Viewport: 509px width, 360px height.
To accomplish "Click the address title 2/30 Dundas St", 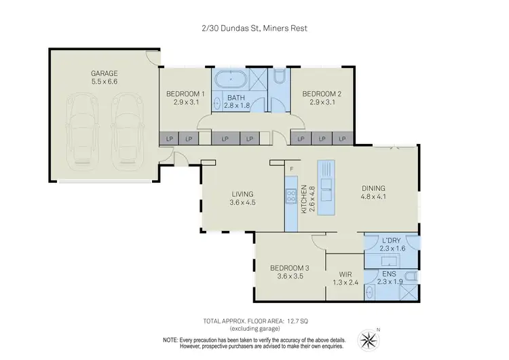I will click(254, 29).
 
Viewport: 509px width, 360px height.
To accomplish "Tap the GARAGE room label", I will click(105, 76).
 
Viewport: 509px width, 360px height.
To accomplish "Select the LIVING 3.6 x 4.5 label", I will click(243, 198).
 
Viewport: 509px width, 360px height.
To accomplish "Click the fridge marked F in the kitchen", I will click(291, 168).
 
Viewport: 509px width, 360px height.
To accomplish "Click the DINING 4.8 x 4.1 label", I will click(373, 193).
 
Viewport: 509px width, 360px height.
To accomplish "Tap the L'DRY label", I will click(393, 245).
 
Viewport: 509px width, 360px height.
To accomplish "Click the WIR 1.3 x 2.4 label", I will click(344, 278).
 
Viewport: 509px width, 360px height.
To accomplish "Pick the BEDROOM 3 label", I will click(289, 272).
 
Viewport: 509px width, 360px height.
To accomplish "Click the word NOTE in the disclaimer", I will click(171, 339).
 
